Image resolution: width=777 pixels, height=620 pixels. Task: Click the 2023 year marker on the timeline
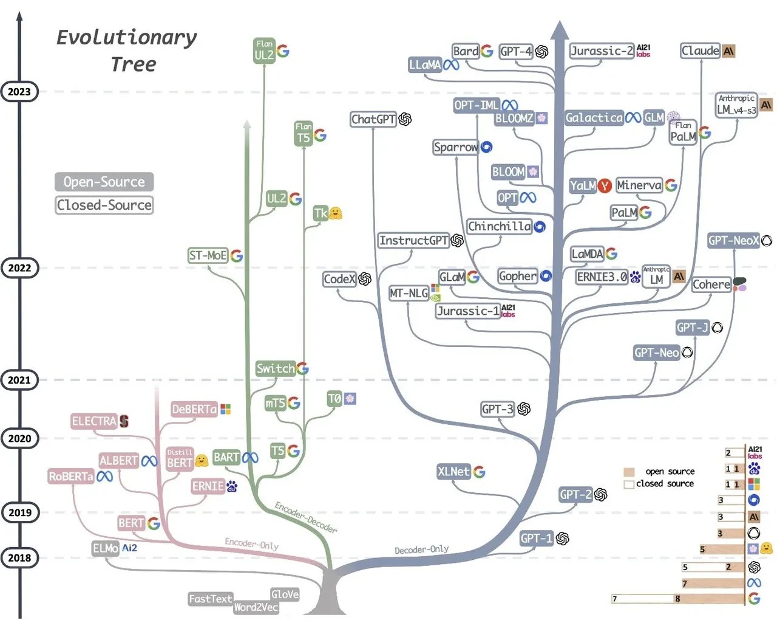tap(19, 92)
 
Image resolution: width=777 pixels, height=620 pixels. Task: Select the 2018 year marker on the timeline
tap(19, 558)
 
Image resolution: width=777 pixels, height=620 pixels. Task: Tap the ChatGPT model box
tap(373, 119)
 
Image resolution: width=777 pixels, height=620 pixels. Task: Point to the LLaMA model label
tap(425, 64)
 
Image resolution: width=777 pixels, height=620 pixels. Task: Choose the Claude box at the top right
tap(700, 51)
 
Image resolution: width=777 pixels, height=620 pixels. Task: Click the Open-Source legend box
tap(104, 182)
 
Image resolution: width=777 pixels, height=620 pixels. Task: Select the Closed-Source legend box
tap(104, 205)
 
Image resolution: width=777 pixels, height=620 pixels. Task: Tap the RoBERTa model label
tap(71, 477)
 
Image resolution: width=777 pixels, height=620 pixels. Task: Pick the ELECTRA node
tap(93, 421)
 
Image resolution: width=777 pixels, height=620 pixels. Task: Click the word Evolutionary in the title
tap(126, 38)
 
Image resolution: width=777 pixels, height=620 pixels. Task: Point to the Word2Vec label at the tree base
tap(256, 607)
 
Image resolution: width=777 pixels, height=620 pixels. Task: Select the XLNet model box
tap(453, 472)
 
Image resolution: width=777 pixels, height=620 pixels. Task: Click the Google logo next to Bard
tap(487, 51)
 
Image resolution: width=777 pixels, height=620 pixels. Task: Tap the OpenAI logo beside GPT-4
tap(541, 52)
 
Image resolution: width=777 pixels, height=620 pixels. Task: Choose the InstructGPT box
tap(413, 241)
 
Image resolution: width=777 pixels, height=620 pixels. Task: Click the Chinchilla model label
tap(499, 227)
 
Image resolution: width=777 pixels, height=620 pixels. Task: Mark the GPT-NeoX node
tap(733, 241)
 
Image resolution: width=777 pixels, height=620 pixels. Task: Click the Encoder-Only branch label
tap(251, 543)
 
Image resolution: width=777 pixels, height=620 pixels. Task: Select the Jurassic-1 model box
tap(468, 311)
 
